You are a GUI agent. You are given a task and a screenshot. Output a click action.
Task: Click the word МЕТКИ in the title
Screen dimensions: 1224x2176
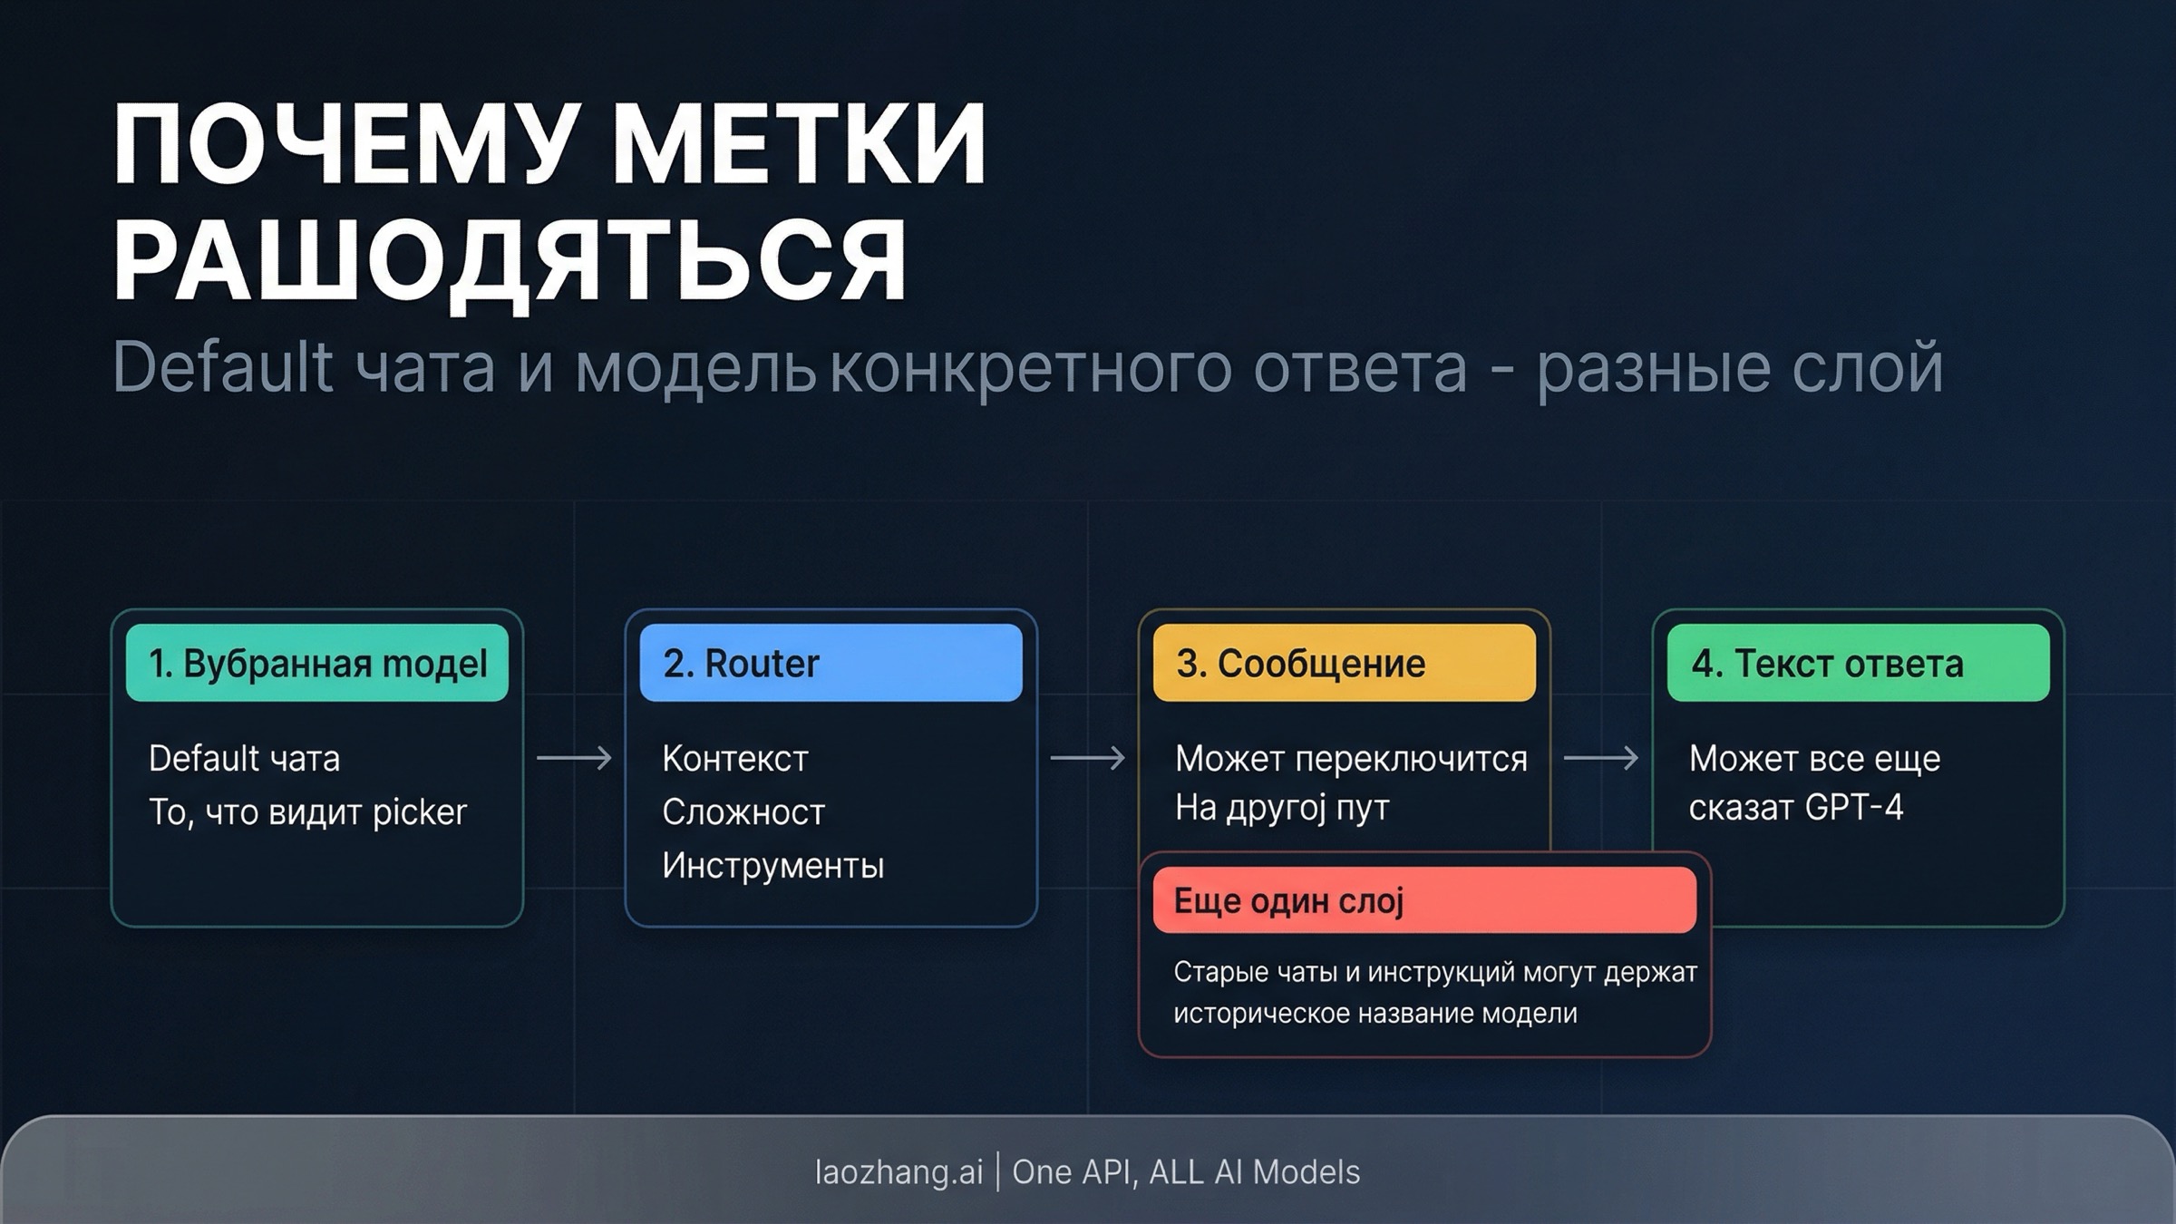pyautogui.click(x=799, y=145)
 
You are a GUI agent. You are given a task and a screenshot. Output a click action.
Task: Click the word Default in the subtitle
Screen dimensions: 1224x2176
pyautogui.click(x=222, y=367)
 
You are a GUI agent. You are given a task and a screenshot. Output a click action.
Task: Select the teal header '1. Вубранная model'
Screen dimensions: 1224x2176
pyautogui.click(x=317, y=663)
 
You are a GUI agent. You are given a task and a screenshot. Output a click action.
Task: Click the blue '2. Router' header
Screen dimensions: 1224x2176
pyautogui.click(x=831, y=663)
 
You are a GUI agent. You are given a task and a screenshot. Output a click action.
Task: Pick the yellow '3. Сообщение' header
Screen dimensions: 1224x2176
pyautogui.click(x=1344, y=663)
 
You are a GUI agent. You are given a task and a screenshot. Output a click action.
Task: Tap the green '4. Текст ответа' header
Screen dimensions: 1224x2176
pyautogui.click(x=1858, y=663)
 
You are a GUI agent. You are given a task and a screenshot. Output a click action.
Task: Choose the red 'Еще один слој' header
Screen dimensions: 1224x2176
pyautogui.click(x=1423, y=900)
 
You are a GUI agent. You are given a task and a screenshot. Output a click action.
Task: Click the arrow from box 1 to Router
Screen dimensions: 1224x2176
pyautogui.click(x=574, y=757)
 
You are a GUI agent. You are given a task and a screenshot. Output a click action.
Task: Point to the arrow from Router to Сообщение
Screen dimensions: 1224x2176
pyautogui.click(x=1087, y=757)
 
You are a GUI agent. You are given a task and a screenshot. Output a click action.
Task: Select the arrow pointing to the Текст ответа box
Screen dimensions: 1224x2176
pyautogui.click(x=1600, y=757)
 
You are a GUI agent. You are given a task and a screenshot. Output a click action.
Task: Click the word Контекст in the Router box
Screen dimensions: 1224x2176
pyautogui.click(x=734, y=758)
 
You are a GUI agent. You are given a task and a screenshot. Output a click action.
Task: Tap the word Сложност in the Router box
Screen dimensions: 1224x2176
pyautogui.click(x=743, y=811)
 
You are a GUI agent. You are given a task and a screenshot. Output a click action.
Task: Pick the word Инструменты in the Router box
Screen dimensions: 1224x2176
pyautogui.click(x=772, y=865)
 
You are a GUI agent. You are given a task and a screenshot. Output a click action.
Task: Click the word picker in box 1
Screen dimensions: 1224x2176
pyautogui.click(x=419, y=812)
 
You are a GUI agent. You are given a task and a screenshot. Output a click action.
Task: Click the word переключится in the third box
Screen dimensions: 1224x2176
pyautogui.click(x=1411, y=758)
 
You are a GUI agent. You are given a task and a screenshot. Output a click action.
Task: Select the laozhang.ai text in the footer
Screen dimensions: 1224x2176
pyautogui.click(x=899, y=1172)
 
